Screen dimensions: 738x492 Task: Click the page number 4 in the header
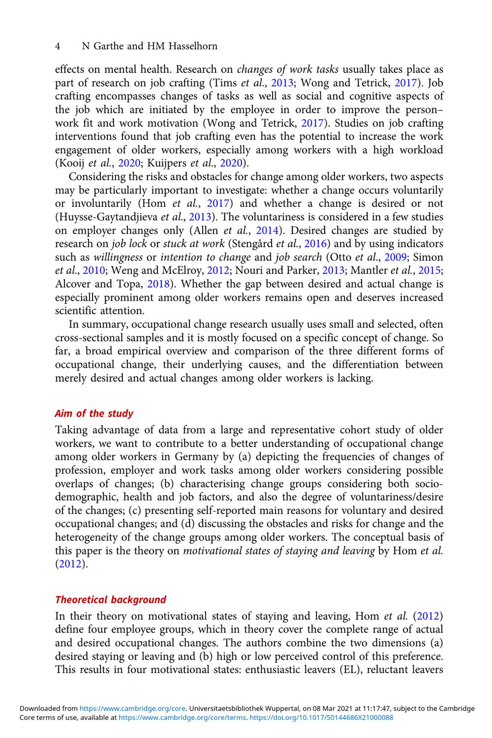point(58,46)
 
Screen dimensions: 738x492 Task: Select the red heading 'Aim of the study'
point(94,414)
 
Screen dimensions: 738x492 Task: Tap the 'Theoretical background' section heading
point(111,600)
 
